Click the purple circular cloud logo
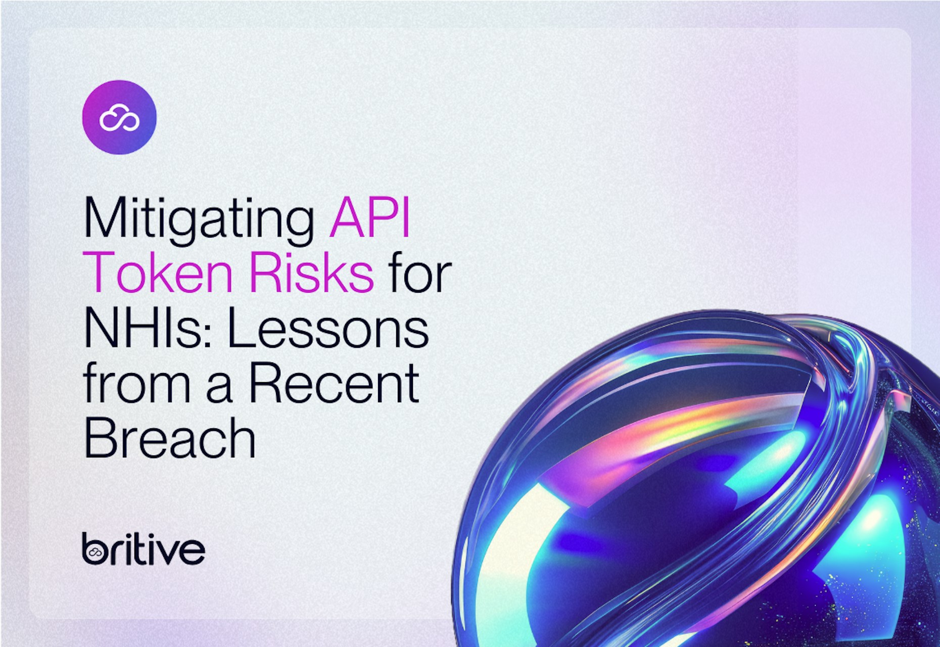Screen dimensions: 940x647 click(x=119, y=117)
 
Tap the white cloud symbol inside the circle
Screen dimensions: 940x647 click(x=119, y=118)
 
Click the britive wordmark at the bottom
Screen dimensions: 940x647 click(x=144, y=548)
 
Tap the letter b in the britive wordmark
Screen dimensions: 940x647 click(x=95, y=549)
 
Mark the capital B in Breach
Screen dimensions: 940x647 click(x=100, y=437)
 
